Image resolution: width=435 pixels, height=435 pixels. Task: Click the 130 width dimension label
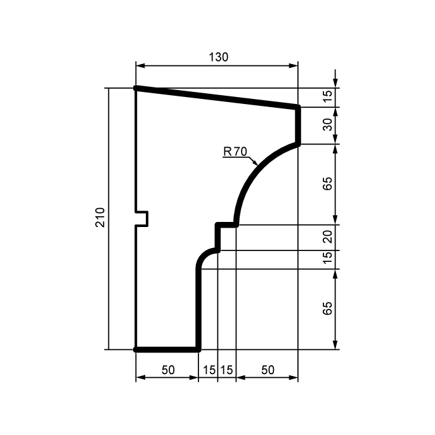[x=218, y=57]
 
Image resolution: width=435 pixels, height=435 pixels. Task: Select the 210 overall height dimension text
[x=100, y=217]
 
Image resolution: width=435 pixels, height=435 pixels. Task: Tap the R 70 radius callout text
[x=235, y=152]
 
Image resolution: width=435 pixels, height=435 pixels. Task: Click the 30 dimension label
[x=328, y=124]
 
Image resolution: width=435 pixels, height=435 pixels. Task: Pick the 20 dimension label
[x=328, y=237]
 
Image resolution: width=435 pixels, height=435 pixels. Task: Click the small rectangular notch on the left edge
[x=142, y=219]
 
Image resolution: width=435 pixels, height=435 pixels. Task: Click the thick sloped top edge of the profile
[x=217, y=98]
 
